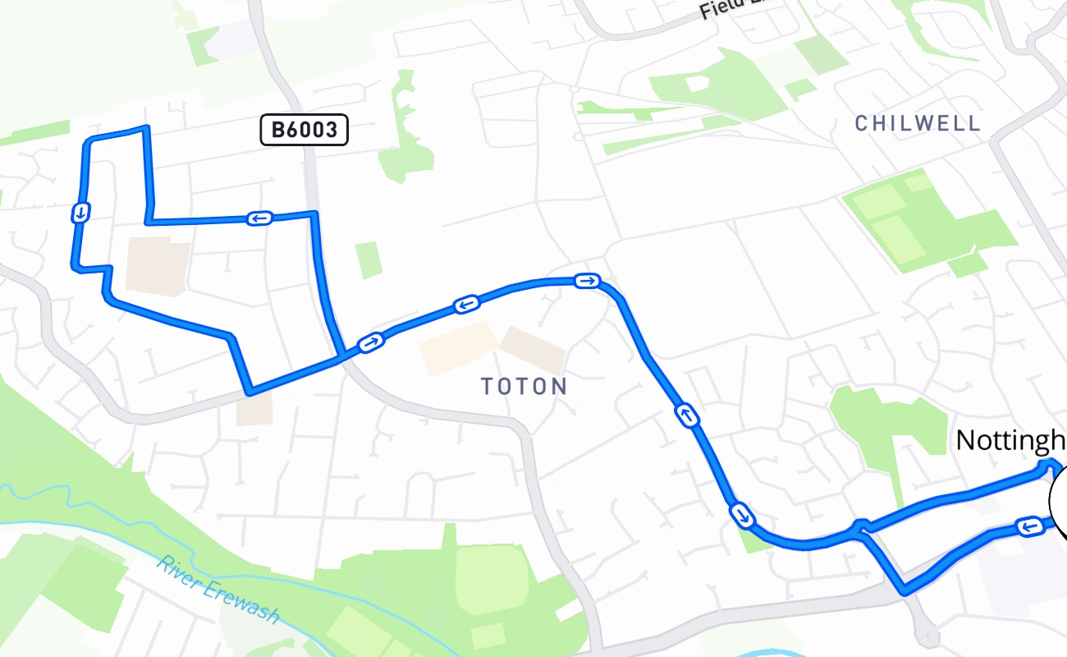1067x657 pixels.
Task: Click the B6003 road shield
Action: click(305, 131)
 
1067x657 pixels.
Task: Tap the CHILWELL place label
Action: click(918, 124)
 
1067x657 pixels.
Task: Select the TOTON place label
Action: click(524, 387)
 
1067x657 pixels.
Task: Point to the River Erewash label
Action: click(219, 590)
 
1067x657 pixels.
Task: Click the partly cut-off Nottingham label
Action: click(1010, 441)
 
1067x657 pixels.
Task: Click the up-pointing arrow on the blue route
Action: click(688, 416)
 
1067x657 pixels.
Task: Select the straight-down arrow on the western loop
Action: click(80, 214)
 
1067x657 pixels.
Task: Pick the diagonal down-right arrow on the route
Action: click(741, 516)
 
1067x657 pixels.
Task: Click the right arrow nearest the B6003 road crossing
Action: click(370, 342)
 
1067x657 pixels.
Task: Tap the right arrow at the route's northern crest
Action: click(587, 282)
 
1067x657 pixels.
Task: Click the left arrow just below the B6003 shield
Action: click(259, 218)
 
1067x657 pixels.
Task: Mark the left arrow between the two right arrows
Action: click(465, 306)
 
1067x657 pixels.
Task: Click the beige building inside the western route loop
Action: click(158, 267)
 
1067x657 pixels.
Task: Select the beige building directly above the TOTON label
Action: click(533, 350)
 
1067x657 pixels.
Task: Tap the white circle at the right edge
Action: click(1060, 501)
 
